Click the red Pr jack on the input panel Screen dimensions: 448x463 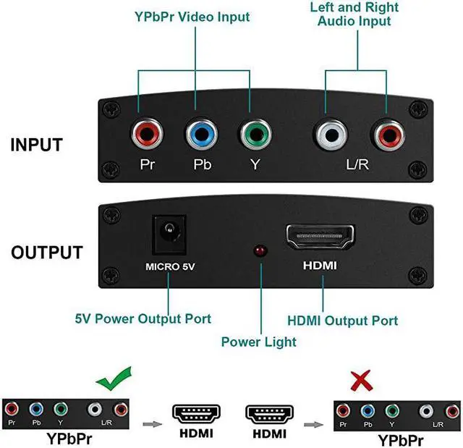point(146,133)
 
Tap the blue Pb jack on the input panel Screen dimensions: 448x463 point(199,133)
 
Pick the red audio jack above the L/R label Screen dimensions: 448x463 point(384,133)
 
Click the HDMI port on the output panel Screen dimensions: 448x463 point(320,237)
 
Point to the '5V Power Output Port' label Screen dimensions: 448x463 point(143,318)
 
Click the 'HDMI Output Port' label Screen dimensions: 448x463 point(342,320)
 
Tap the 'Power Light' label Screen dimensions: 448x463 point(258,342)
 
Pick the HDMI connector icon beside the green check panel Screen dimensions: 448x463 point(196,414)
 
